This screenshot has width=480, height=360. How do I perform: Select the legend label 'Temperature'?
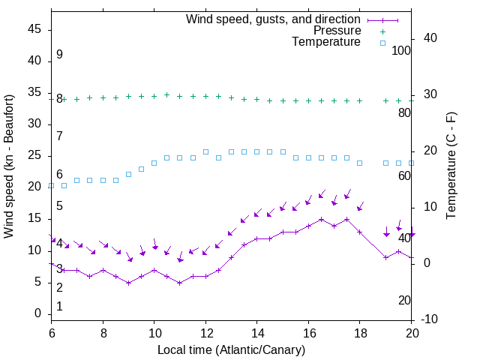[x=326, y=42]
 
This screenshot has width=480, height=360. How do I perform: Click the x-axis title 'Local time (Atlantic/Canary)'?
[x=231, y=349]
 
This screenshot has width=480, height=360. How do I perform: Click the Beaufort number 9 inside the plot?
[x=59, y=55]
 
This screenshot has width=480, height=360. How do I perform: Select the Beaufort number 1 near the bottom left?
[x=59, y=306]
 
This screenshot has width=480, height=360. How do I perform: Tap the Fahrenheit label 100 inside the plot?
[x=402, y=50]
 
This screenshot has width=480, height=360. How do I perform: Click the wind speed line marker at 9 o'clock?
[x=129, y=283]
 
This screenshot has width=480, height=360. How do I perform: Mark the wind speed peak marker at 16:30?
[x=321, y=220]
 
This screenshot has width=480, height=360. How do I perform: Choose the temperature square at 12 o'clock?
[x=205, y=151]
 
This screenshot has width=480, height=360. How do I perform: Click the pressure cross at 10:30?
[x=167, y=95]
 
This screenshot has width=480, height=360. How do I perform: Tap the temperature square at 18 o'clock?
[x=360, y=163]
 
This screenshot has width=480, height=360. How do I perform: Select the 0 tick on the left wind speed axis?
[x=38, y=313]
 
